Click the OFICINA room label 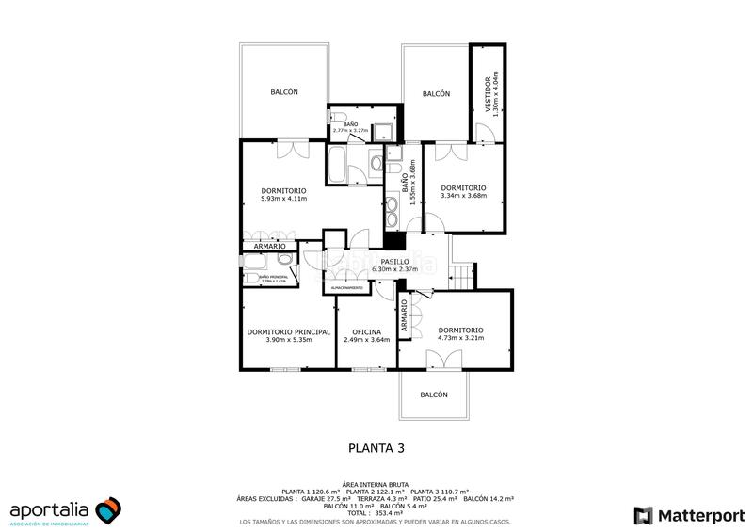point(366,332)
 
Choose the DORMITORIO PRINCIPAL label point(288,332)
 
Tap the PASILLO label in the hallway point(394,262)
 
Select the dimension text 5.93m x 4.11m point(284,199)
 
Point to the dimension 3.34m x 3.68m point(462,196)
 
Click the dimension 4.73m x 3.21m point(460,337)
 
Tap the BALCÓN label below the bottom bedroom point(433,395)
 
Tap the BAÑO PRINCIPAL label point(272,278)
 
